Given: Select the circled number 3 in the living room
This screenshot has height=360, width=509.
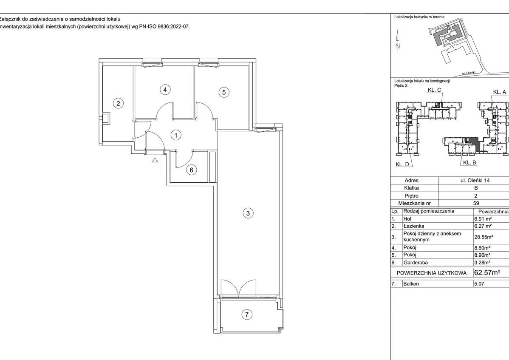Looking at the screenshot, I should tap(248, 213).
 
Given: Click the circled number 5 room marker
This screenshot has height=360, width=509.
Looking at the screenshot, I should tap(224, 92).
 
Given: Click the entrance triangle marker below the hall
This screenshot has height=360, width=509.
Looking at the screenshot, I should tap(155, 196).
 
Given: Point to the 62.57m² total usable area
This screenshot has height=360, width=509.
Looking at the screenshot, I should tap(487, 272).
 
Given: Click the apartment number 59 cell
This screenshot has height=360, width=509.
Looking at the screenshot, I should tap(475, 204).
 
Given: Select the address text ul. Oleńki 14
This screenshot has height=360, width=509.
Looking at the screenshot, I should tap(475, 180).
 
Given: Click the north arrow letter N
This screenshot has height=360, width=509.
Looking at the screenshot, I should tap(398, 46).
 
